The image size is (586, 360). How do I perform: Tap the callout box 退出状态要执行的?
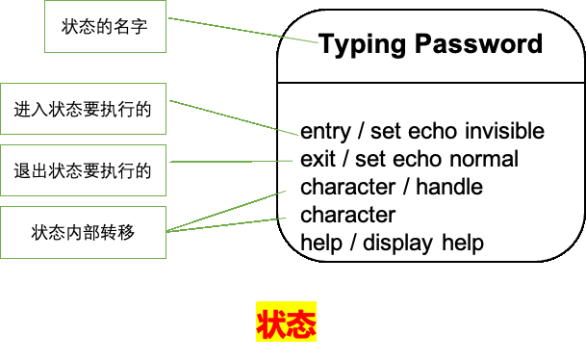(83, 171)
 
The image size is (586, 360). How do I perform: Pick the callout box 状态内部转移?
(83, 232)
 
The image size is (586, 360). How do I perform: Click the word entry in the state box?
(324, 131)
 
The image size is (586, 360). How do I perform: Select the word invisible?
(503, 131)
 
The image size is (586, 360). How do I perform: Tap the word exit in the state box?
(318, 159)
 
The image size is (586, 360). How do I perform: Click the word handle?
(449, 187)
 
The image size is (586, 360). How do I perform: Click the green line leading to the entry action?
(231, 116)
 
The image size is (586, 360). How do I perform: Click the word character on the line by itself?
(347, 215)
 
